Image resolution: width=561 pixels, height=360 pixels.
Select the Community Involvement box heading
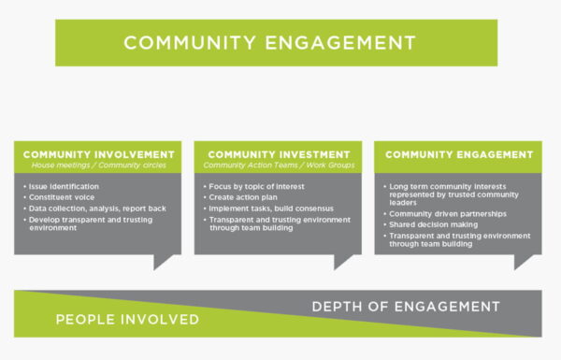98,154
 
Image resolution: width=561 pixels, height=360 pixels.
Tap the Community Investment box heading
278,154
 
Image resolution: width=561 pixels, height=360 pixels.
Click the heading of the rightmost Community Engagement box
458,154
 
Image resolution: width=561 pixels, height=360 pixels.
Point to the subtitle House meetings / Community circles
98,166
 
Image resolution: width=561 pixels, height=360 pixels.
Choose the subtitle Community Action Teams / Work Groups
278,166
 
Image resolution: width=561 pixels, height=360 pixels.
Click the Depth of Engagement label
405,306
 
